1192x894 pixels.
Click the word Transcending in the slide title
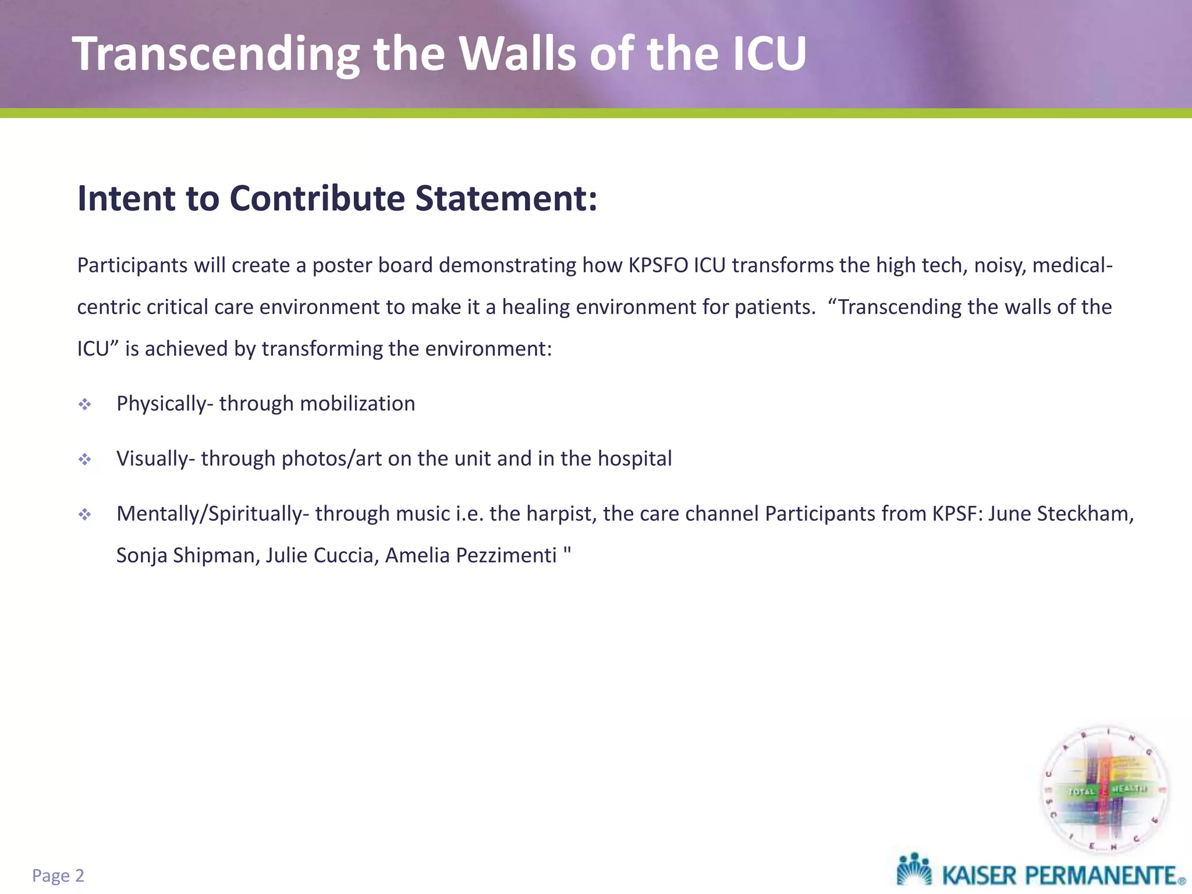215,54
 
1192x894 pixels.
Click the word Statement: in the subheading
506,198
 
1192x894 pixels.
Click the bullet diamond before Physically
85,405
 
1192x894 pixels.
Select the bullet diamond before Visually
85,460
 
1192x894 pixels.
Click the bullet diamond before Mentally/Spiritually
85,515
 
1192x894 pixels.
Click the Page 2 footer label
58,875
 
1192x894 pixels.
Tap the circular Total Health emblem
1104,791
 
